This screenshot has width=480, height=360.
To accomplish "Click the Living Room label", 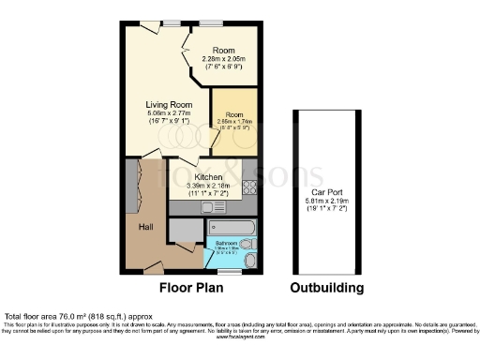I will pos(168,105).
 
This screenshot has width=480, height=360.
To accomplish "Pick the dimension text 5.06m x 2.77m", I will pos(168,114).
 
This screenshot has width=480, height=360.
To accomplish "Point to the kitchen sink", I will pos(250,169).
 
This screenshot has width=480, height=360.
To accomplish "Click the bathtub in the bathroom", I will pos(232,226).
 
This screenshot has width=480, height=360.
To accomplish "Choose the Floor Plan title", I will pos(191,288).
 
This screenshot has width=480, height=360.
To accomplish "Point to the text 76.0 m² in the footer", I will pos(62,316).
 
